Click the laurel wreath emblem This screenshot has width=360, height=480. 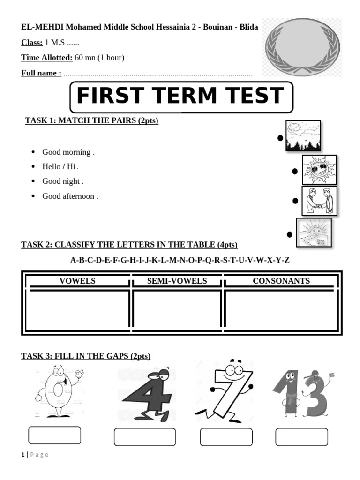[301, 48]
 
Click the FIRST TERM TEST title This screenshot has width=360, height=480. [180, 97]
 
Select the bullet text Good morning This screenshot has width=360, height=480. [68, 152]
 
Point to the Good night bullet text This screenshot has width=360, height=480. [62, 181]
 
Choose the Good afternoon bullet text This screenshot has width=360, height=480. [70, 196]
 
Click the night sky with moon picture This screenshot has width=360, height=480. [303, 135]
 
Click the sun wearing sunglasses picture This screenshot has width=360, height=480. [319, 169]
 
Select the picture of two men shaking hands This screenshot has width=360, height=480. [319, 201]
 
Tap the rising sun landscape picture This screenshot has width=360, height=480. [314, 232]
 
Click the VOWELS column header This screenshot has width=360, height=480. [77, 281]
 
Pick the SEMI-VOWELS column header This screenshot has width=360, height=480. [177, 281]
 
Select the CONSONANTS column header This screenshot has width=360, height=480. [281, 281]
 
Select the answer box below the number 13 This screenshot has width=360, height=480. [301, 437]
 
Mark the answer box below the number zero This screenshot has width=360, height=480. [54, 435]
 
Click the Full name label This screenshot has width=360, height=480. [41, 73]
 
